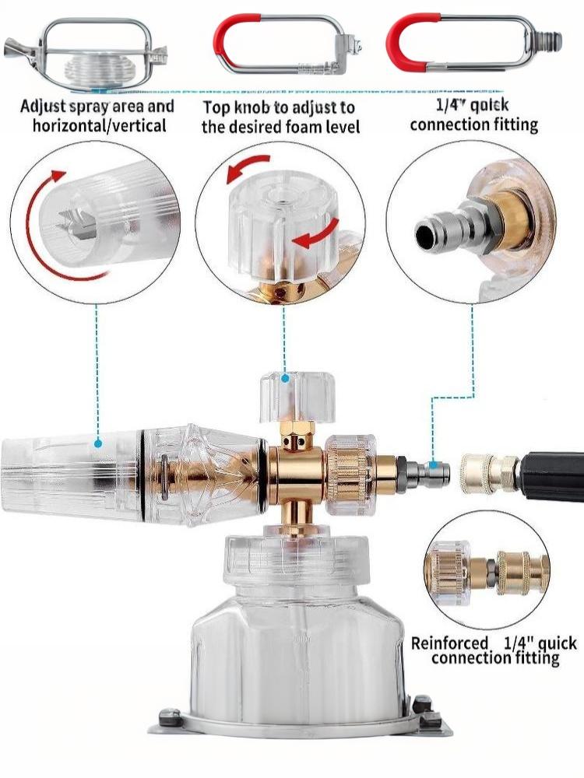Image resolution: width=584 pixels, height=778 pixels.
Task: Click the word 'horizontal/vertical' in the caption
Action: click(100, 125)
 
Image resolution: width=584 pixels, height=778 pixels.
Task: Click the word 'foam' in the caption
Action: click(303, 127)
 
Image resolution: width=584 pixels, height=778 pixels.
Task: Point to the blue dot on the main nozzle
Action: click(98, 443)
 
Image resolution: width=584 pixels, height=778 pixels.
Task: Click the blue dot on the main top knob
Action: click(285, 379)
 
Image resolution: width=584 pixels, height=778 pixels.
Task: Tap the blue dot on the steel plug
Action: click(434, 465)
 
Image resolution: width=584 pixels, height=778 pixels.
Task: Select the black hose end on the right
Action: click(551, 476)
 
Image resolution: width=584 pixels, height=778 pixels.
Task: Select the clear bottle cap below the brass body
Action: click(297, 557)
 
